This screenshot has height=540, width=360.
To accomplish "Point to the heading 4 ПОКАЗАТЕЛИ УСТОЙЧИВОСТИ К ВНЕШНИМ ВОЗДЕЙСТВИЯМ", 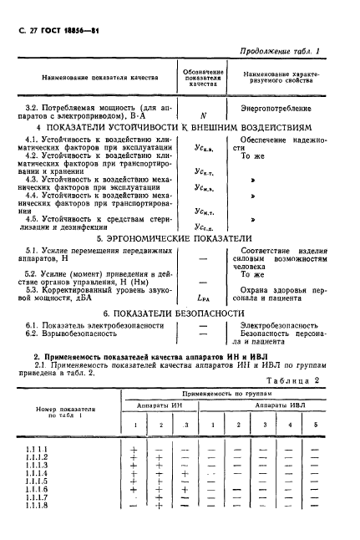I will (179, 127).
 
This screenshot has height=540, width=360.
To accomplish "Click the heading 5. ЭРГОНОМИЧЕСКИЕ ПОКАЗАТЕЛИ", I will (179, 237).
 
